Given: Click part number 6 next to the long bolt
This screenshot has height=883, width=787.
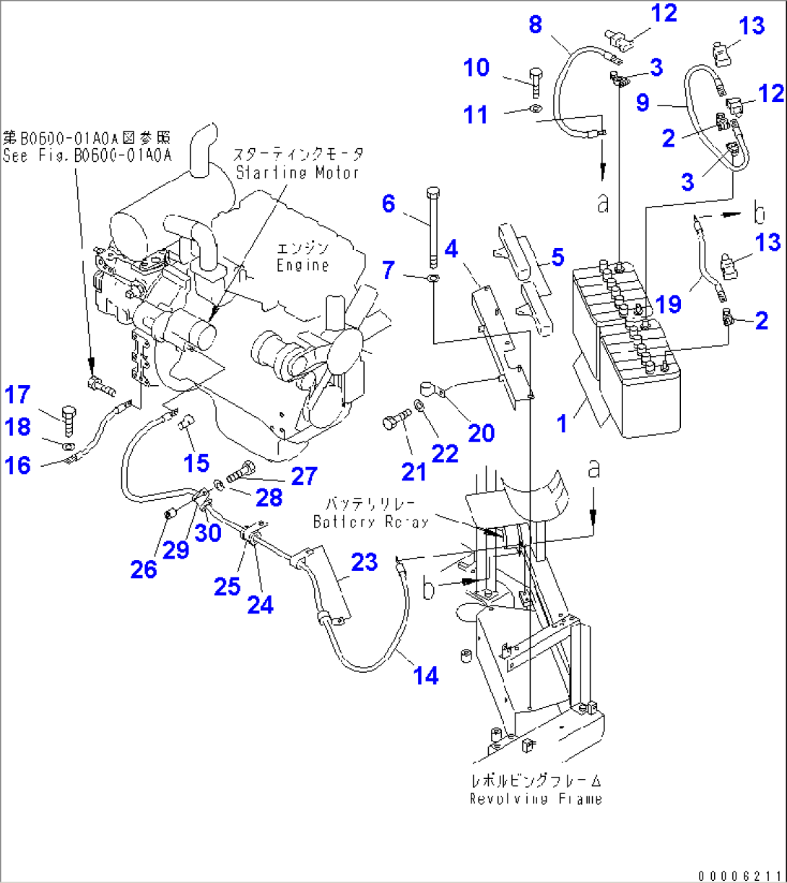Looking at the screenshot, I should coord(388,204).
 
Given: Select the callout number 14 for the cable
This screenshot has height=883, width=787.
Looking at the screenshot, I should coord(426,676).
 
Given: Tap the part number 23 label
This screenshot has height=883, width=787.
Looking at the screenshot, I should coord(365,562).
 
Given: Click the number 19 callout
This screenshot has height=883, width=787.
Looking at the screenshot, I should coord(669,304).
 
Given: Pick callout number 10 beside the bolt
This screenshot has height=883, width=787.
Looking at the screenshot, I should coord(477,68).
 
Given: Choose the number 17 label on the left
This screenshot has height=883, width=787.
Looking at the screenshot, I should coord(18,395).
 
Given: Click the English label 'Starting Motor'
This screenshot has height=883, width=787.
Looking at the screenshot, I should coord(298,173).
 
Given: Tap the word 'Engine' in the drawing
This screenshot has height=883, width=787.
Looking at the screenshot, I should coord(302,265).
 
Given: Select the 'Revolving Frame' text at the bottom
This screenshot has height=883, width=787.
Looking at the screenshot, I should coord(535,798).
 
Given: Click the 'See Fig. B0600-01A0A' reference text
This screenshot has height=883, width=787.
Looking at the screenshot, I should coord(87,155).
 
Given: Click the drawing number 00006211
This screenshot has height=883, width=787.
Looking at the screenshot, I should coord(739,875).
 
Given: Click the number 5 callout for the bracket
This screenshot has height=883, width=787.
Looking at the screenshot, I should coord(557,257).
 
